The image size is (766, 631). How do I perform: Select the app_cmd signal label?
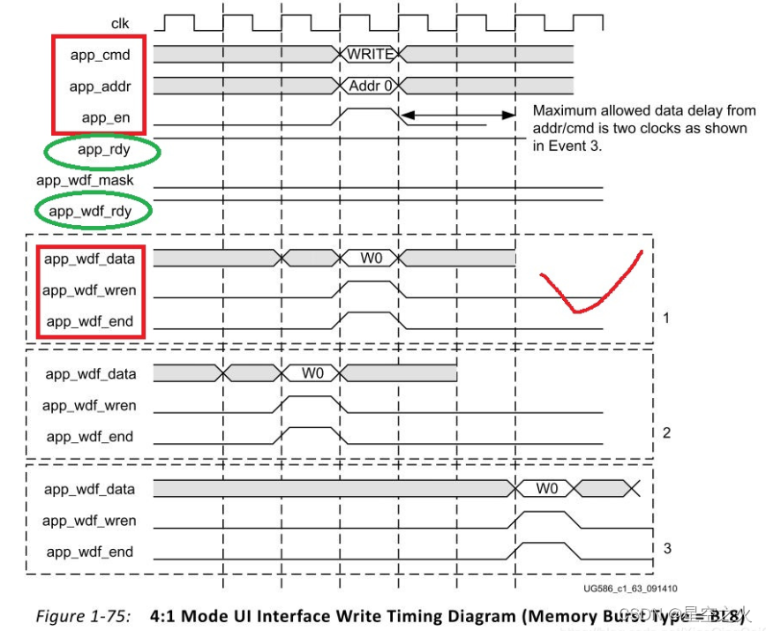pos(100,55)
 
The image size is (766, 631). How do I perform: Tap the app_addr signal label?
pos(100,86)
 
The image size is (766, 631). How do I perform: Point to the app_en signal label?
pos(106,117)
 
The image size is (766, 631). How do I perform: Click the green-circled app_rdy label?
pos(103,150)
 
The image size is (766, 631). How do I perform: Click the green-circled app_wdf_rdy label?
pos(92,212)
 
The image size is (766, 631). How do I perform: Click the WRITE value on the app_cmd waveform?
pos(370,55)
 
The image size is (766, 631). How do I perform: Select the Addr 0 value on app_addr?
pos(371,86)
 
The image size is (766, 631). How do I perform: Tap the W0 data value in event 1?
pos(371,259)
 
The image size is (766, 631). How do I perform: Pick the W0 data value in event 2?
pos(313,373)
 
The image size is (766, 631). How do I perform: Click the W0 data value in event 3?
pos(547,488)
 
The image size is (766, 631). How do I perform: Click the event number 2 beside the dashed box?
pos(666,432)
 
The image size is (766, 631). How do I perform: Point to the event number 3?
pos(666,548)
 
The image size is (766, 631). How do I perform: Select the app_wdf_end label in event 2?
pos(90,437)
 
